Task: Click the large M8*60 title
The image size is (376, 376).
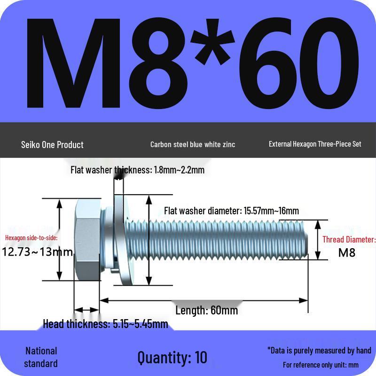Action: [x=188, y=63]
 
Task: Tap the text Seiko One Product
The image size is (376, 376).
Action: [x=52, y=144]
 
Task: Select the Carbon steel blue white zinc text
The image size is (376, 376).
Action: [x=193, y=144]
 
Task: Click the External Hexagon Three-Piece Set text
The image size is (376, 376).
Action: [x=315, y=144]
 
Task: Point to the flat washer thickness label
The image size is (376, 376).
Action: [x=137, y=170]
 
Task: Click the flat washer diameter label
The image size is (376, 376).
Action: [x=231, y=211]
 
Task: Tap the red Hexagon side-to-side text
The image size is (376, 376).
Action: [x=31, y=238]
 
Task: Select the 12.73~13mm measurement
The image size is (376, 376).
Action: [x=38, y=252]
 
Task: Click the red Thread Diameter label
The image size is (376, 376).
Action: [x=349, y=240]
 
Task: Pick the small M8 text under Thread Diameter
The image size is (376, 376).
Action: [x=347, y=252]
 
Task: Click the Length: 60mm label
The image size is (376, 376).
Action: [x=207, y=310]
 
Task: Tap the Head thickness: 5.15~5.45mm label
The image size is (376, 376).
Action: [x=105, y=324]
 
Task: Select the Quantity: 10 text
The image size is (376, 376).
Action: [x=172, y=357]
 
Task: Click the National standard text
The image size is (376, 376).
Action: [x=41, y=357]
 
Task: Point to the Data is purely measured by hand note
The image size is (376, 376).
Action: [x=319, y=350]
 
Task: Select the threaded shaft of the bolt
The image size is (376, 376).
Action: [x=226, y=240]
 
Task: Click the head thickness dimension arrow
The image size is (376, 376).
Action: [x=86, y=310]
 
